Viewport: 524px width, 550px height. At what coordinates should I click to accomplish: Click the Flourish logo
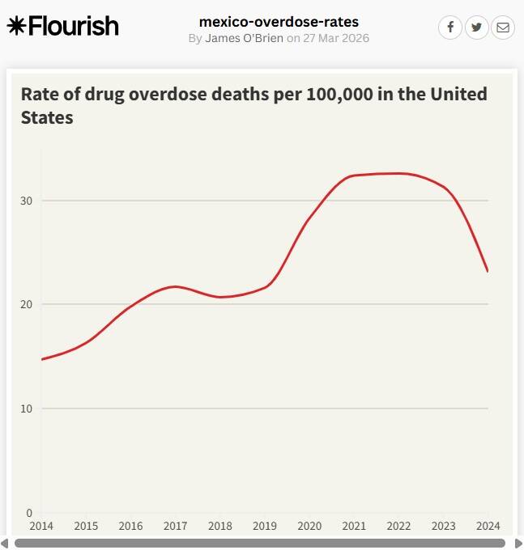pyautogui.click(x=62, y=26)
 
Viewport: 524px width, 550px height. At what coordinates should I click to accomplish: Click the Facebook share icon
pyautogui.click(x=450, y=27)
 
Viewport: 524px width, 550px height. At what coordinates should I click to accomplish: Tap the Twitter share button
pyautogui.click(x=476, y=27)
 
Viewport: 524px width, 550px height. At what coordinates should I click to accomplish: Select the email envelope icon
pyautogui.click(x=503, y=27)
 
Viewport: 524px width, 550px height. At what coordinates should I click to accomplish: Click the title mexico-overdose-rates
pyautogui.click(x=279, y=22)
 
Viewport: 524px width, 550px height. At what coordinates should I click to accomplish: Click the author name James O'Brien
pyautogui.click(x=244, y=38)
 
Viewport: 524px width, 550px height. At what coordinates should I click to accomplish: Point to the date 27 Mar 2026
pyautogui.click(x=336, y=38)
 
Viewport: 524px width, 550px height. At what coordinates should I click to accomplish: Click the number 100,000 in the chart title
pyautogui.click(x=339, y=94)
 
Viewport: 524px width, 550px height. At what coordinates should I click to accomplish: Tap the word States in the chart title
pyautogui.click(x=47, y=117)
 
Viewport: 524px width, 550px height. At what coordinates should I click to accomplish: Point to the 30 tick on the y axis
pyautogui.click(x=26, y=201)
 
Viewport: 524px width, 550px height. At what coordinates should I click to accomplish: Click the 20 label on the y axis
pyautogui.click(x=26, y=304)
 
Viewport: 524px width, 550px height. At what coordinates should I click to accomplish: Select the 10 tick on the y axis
pyautogui.click(x=26, y=408)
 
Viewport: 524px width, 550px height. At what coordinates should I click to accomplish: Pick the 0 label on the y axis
pyautogui.click(x=29, y=513)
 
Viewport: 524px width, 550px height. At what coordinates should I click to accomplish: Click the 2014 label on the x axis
pyautogui.click(x=41, y=526)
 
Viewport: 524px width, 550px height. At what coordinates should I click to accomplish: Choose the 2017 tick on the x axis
pyautogui.click(x=175, y=526)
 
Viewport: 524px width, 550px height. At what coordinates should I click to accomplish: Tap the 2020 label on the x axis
pyautogui.click(x=309, y=526)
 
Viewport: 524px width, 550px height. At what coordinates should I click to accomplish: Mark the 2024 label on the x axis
pyautogui.click(x=488, y=526)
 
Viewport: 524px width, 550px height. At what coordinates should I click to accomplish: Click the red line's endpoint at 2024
pyautogui.click(x=488, y=271)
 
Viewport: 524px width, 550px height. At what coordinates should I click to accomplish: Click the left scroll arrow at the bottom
pyautogui.click(x=5, y=543)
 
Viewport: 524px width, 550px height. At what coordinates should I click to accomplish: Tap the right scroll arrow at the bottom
pyautogui.click(x=518, y=543)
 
